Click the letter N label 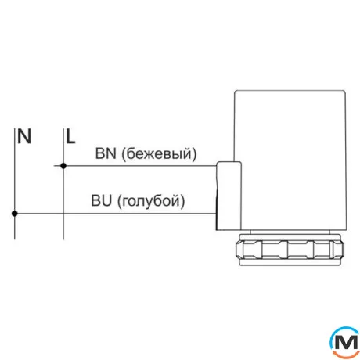24,136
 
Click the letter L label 70,136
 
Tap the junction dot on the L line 63,166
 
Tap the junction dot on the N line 15,214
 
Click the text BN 106,153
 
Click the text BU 101,200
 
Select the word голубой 151,201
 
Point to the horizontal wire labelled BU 115,214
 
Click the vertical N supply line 15,184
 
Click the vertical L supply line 63,184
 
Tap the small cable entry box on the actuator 229,196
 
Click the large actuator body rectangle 290,160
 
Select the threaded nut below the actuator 290,250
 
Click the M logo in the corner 345,342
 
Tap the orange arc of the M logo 345,355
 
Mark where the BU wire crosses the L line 63,214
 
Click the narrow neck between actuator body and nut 290,232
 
